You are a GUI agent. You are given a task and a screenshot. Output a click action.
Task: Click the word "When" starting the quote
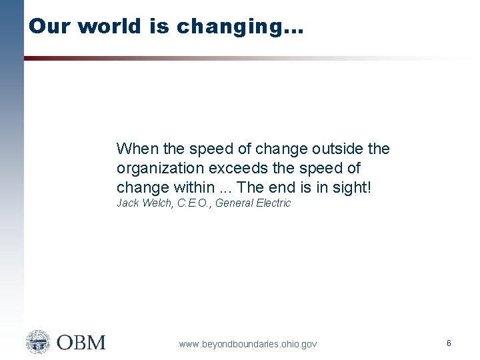click(135, 149)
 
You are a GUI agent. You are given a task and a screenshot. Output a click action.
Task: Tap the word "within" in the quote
click(193, 188)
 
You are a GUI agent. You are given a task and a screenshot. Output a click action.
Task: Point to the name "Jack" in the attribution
click(127, 203)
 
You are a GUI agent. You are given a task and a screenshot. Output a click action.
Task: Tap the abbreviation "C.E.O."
click(194, 203)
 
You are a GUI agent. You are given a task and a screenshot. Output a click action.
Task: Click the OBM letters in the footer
click(81, 343)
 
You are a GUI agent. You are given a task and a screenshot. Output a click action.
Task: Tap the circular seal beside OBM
click(38, 342)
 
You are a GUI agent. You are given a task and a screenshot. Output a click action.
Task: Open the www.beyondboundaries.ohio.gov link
click(248, 344)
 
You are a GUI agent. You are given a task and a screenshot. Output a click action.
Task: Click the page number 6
click(449, 343)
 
